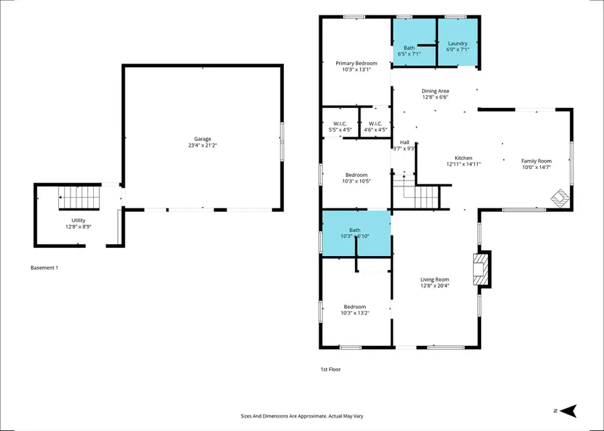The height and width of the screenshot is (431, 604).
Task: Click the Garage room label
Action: pyautogui.click(x=203, y=139)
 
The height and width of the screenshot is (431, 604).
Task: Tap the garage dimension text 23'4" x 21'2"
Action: pyautogui.click(x=203, y=145)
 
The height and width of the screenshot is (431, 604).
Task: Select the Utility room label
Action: pyautogui.click(x=79, y=220)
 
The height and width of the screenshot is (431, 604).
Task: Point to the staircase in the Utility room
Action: pyautogui.click(x=79, y=197)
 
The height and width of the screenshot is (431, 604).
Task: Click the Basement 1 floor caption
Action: pyautogui.click(x=44, y=268)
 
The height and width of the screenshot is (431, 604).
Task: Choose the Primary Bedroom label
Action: pyautogui.click(x=356, y=63)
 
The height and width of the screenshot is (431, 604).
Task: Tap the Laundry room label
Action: pyautogui.click(x=458, y=44)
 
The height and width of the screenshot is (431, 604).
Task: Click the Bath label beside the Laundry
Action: pyautogui.click(x=409, y=48)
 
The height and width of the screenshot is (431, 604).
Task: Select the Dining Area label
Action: pyautogui.click(x=435, y=90)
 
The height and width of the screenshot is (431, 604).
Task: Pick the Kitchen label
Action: pyautogui.click(x=463, y=158)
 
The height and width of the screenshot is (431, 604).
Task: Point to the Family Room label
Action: pyautogui.click(x=536, y=161)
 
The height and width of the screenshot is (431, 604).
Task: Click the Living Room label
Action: pyautogui.click(x=435, y=280)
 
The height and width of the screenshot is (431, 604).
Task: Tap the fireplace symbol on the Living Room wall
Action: pyautogui.click(x=482, y=269)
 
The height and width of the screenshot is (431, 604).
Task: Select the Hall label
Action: pyautogui.click(x=405, y=142)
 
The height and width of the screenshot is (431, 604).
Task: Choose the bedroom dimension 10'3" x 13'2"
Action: pyautogui.click(x=355, y=312)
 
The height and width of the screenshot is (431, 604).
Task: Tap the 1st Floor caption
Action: pyautogui.click(x=330, y=369)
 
